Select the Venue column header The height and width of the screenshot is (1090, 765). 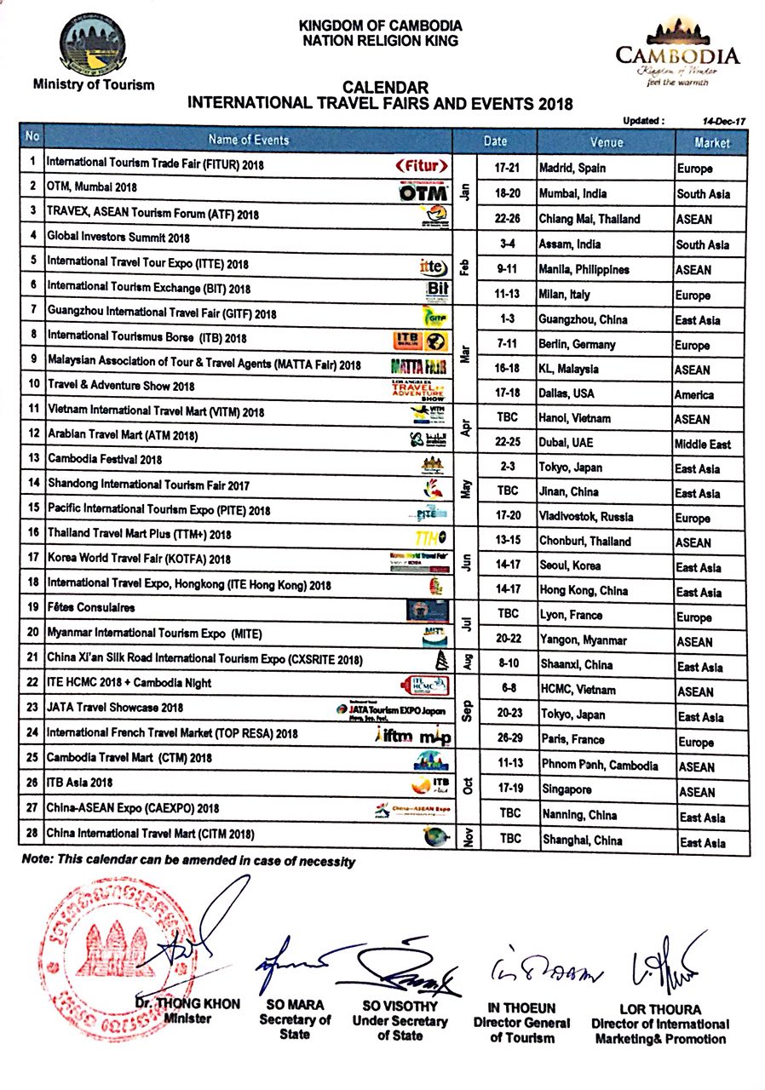click(606, 141)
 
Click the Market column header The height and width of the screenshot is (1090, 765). click(711, 142)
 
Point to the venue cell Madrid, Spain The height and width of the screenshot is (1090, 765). click(572, 169)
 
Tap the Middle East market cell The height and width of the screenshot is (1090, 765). click(705, 444)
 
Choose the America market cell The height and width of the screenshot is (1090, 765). click(696, 394)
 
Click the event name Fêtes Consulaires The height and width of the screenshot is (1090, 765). click(91, 608)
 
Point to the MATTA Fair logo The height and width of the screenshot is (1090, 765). click(419, 366)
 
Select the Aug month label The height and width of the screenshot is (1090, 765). click(467, 663)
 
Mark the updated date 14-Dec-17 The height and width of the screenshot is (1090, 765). click(718, 122)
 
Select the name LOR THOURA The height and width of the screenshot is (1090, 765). click(660, 1010)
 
